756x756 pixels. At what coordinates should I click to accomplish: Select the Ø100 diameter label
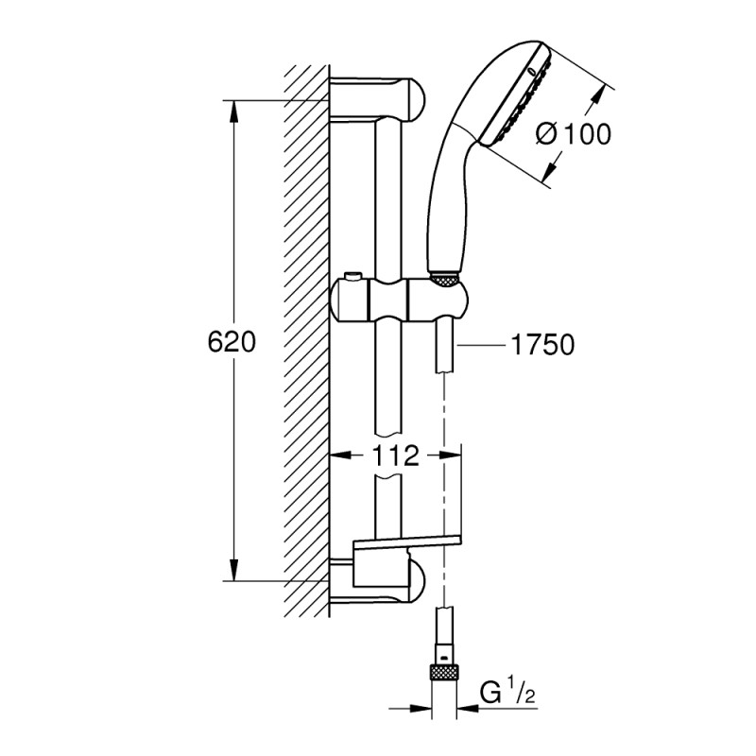[x=573, y=134]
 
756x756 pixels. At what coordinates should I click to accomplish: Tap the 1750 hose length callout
[x=542, y=345]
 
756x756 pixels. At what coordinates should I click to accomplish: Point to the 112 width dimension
[x=395, y=456]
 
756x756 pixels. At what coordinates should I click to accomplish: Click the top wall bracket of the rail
[x=378, y=99]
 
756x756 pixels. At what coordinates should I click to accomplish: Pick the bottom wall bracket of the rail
[x=378, y=579]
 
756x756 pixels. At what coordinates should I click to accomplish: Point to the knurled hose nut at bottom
[x=445, y=673]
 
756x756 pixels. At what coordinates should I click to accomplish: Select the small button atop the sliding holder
[x=353, y=276]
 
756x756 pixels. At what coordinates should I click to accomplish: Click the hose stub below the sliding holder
[x=444, y=350]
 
